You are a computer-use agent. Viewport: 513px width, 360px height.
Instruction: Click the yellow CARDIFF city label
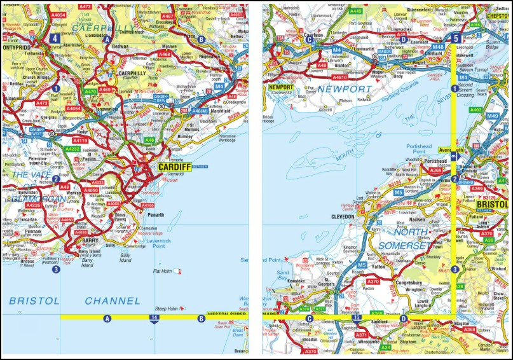tap(172, 167)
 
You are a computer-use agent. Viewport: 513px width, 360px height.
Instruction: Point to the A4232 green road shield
tap(72, 149)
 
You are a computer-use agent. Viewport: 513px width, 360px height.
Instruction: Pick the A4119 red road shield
tap(80, 140)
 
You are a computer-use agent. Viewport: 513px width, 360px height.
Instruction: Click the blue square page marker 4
tap(55, 38)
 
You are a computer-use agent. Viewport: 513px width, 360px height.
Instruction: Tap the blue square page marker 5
tap(455, 38)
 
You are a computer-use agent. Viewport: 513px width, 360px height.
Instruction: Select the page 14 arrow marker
tap(154, 317)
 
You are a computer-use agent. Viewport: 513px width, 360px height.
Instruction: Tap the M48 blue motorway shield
tap(437, 47)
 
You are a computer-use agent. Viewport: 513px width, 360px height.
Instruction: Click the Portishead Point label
tap(419, 148)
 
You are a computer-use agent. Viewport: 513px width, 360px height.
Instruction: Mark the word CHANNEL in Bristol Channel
tap(112, 300)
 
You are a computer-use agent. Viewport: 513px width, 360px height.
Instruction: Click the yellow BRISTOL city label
tap(493, 204)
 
